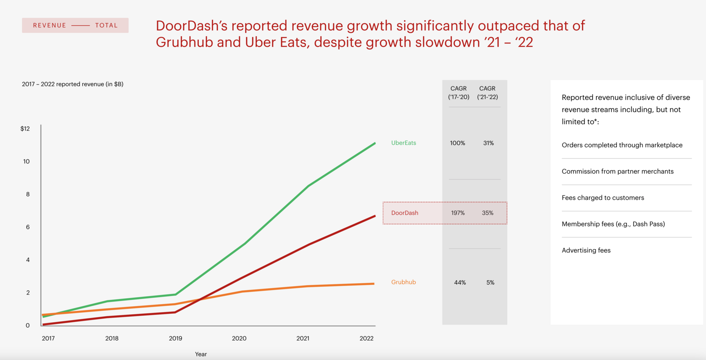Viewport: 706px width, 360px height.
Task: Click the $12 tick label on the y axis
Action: pos(25,129)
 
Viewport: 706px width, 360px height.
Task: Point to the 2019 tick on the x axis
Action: pos(175,338)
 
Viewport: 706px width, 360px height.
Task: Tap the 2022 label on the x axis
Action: pos(366,338)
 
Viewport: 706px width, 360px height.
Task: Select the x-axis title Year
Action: pos(201,354)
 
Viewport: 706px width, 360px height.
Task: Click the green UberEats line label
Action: pos(403,143)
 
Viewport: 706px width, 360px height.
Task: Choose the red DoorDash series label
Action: pos(405,213)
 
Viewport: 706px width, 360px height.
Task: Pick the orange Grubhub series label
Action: pos(403,282)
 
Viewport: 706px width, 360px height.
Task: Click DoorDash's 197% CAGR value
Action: pos(458,213)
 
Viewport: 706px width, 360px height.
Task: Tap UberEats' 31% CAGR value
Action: pos(488,143)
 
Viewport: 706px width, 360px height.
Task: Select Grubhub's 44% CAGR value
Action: pos(460,283)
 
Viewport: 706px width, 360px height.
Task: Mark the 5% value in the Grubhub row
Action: pos(490,283)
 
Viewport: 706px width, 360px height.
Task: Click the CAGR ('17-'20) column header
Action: pos(458,93)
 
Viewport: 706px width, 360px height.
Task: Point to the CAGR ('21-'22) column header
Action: pos(487,93)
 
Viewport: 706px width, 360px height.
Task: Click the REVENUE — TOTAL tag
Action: pos(75,25)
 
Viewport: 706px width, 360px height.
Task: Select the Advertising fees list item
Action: pos(586,250)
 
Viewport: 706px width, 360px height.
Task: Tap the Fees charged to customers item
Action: pos(603,198)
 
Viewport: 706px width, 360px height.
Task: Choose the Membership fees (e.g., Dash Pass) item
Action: pos(613,224)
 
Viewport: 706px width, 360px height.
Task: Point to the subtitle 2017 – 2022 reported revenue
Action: pos(73,84)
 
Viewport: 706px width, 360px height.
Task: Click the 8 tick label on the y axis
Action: pos(28,194)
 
